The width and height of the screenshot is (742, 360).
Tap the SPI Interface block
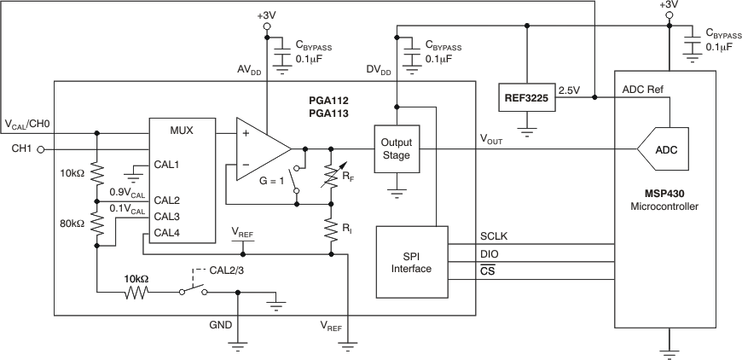click(x=408, y=262)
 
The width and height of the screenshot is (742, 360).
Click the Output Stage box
click(x=396, y=148)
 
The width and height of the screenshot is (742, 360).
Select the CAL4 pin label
click(x=167, y=231)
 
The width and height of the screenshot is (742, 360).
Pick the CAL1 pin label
click(x=167, y=164)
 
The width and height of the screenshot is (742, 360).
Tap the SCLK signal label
click(x=495, y=236)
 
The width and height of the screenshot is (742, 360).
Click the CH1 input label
click(x=20, y=149)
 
